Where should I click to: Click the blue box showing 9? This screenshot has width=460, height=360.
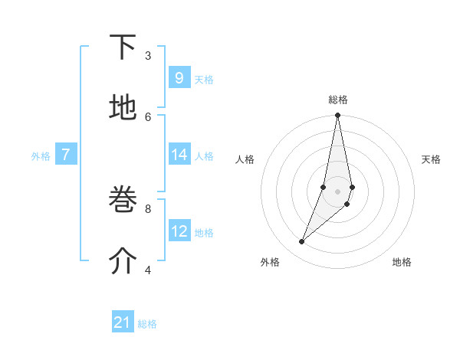[179, 78]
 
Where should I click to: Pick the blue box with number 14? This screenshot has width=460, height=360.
[179, 155]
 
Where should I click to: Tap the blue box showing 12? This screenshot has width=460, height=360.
[179, 231]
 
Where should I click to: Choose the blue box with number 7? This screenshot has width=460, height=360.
[66, 155]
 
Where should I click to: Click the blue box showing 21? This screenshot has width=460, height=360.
[123, 322]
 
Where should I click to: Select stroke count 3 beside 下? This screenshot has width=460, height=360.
[148, 55]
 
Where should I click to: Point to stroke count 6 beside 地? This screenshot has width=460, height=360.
[148, 116]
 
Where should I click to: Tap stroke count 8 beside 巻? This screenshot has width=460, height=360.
[148, 208]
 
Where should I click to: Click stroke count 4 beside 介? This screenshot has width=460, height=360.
[148, 269]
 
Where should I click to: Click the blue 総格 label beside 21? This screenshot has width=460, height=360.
[147, 324]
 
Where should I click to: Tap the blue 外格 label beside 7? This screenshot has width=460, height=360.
[41, 156]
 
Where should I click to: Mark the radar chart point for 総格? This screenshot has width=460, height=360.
[337, 116]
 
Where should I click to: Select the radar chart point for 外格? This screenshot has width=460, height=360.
[302, 242]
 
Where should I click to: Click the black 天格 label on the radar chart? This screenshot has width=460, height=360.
[431, 159]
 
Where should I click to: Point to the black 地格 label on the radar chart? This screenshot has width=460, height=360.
[402, 262]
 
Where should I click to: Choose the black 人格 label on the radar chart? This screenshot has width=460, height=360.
[245, 159]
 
